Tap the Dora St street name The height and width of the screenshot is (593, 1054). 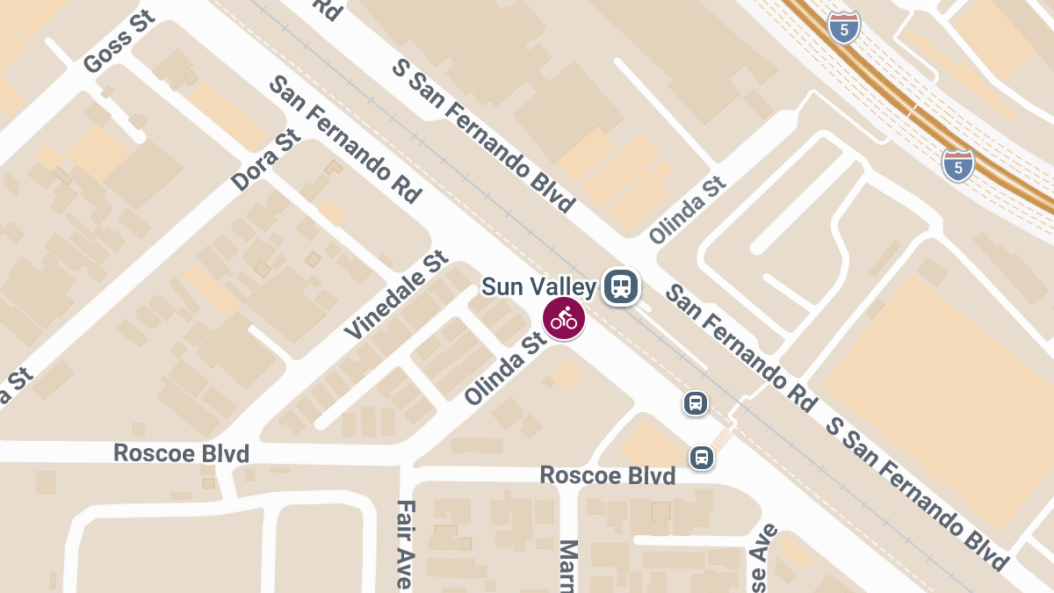[x=266, y=160]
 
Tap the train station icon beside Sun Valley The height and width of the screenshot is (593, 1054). [x=621, y=286]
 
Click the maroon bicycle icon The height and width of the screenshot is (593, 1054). [x=564, y=319]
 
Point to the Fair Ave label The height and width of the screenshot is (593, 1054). [x=404, y=545]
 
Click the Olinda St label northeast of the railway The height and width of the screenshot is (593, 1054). [x=689, y=211]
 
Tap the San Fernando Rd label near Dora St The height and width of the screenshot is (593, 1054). [x=345, y=140]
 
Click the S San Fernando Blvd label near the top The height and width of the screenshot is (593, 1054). [x=483, y=135]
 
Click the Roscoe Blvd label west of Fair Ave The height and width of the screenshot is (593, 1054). [x=182, y=453]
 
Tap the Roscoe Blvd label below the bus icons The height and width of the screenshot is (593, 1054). [x=608, y=475]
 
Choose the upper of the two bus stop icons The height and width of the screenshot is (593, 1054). [x=696, y=403]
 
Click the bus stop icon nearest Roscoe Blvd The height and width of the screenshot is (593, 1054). [x=701, y=457]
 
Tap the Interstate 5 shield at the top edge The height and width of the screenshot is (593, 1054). [x=843, y=26]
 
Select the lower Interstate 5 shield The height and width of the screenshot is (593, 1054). [x=958, y=165]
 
